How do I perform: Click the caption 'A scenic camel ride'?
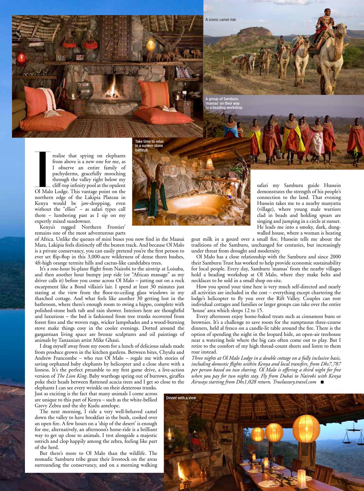point(221,20)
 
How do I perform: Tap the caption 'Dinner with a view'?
point(181,398)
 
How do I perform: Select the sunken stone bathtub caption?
point(149,146)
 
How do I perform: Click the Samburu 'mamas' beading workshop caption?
point(224,103)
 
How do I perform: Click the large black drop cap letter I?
point(43,169)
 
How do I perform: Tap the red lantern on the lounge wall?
point(21,59)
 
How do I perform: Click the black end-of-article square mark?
point(322,382)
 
